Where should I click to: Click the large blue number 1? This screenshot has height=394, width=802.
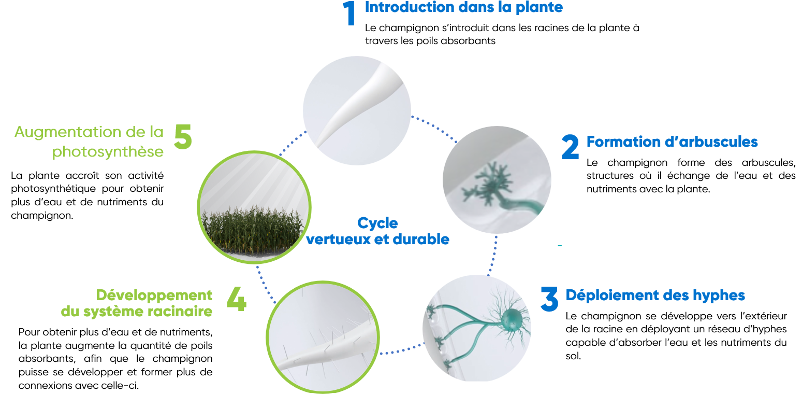pyautogui.click(x=349, y=13)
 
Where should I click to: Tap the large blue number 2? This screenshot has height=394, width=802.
pyautogui.click(x=570, y=147)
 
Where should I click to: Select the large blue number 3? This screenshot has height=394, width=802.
pyautogui.click(x=549, y=298)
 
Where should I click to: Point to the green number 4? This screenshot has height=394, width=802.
pyautogui.click(x=237, y=298)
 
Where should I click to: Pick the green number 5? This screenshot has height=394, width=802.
pyautogui.click(x=183, y=136)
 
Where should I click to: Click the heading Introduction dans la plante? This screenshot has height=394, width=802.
pyautogui.click(x=464, y=8)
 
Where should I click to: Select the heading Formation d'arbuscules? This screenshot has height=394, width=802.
pyautogui.click(x=672, y=142)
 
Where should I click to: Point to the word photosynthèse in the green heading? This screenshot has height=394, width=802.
pyautogui.click(x=108, y=152)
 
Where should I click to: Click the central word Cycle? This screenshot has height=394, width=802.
pyautogui.click(x=377, y=223)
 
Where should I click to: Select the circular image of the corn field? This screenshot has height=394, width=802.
pyautogui.click(x=254, y=207)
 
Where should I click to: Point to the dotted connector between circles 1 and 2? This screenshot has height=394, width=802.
pyautogui.click(x=434, y=127)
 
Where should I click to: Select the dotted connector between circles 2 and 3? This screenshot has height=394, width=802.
pyautogui.click(x=493, y=256)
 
